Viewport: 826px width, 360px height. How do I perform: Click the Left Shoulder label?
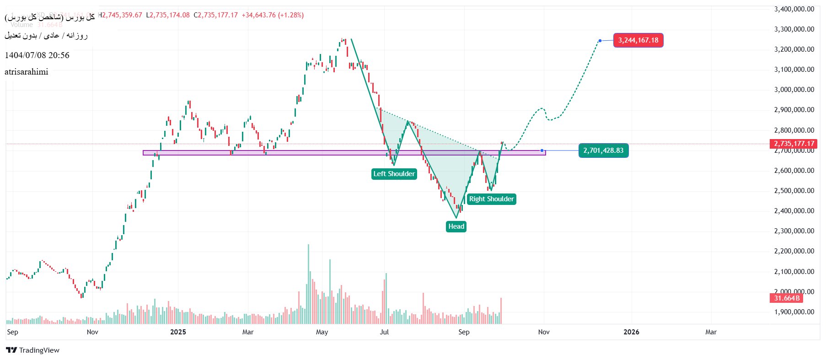[394, 174]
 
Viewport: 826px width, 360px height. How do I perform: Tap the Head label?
[456, 226]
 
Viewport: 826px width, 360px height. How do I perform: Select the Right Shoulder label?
[491, 199]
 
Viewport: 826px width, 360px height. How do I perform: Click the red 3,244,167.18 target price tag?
[638, 40]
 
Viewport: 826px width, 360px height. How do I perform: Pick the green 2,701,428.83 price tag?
[603, 150]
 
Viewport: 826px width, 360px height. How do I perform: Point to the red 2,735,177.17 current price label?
[794, 144]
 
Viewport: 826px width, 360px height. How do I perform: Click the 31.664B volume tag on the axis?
[787, 298]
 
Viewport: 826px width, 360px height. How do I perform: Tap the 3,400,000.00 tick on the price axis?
[794, 9]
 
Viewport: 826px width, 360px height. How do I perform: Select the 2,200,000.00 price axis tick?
[794, 251]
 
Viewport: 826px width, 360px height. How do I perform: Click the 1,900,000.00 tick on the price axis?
[794, 312]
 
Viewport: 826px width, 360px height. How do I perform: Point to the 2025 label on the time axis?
[178, 332]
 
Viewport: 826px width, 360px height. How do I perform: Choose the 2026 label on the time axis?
[631, 332]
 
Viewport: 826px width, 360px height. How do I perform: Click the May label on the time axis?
[322, 332]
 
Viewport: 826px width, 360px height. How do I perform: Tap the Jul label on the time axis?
[384, 332]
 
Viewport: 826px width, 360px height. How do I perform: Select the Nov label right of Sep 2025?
[544, 332]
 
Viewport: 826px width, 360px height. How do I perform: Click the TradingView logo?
[33, 350]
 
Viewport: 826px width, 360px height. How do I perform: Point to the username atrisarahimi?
[27, 72]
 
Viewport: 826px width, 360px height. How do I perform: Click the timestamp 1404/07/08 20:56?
[37, 55]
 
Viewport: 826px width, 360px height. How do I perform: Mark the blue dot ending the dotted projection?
[600, 41]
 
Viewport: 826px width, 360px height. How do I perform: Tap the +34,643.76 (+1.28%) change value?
[273, 15]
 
